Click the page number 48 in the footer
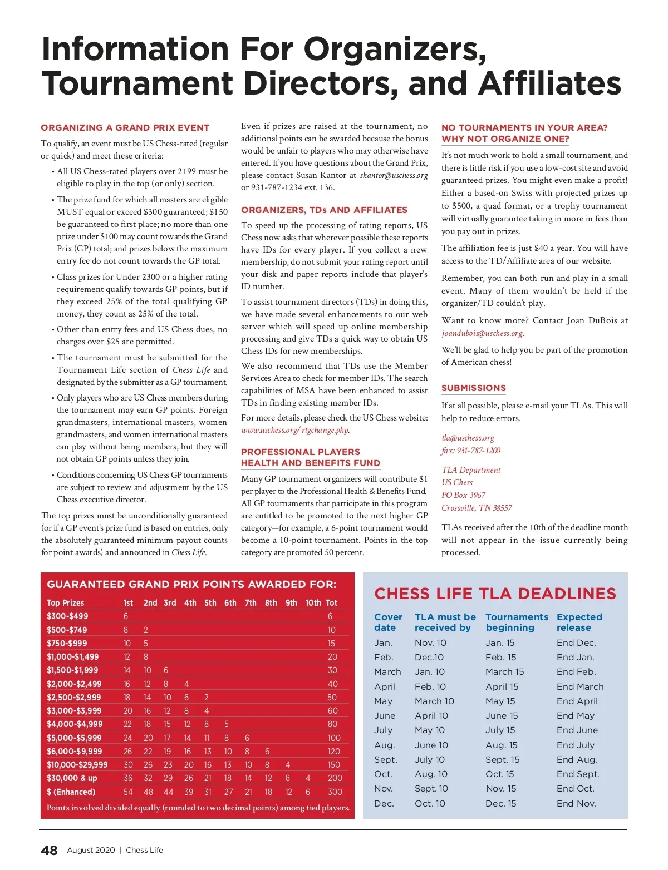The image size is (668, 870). click(x=49, y=850)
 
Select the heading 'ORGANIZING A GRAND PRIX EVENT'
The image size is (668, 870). click(x=125, y=127)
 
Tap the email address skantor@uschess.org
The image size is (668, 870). click(x=394, y=175)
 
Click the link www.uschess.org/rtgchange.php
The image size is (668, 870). click(x=295, y=430)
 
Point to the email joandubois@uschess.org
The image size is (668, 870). click(x=482, y=333)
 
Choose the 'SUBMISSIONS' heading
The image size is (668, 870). click(x=473, y=388)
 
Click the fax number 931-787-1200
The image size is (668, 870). click(x=471, y=451)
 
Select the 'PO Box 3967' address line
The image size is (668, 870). click(x=463, y=495)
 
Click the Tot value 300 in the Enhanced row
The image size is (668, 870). click(x=335, y=792)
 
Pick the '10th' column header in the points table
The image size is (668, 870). click(x=313, y=602)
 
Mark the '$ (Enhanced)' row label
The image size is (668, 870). click(x=71, y=792)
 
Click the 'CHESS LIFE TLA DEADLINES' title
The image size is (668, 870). click(x=495, y=594)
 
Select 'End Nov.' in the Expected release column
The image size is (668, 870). click(x=576, y=803)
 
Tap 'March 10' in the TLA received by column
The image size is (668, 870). click(x=434, y=701)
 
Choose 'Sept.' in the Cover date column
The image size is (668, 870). click(x=385, y=759)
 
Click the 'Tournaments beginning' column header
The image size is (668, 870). click(x=517, y=622)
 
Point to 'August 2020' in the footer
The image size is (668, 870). click(x=91, y=850)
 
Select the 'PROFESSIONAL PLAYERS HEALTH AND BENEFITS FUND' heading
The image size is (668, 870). click(x=310, y=457)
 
